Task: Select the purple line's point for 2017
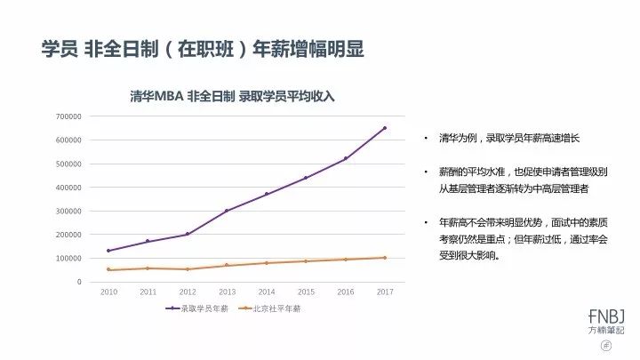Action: (385, 128)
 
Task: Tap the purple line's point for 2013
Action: (227, 211)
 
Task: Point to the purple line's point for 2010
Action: (108, 251)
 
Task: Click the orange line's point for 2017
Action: (385, 258)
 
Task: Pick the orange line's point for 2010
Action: (108, 269)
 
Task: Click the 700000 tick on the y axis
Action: (68, 116)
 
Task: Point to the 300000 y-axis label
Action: (68, 212)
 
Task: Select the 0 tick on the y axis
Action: (78, 282)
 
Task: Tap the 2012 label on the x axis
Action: (188, 292)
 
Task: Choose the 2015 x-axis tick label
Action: (306, 292)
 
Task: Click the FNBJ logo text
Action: (607, 316)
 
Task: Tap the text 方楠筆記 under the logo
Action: (607, 330)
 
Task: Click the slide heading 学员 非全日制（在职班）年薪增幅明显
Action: (204, 48)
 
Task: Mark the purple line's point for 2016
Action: (345, 158)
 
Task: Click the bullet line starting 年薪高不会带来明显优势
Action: (515, 220)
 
